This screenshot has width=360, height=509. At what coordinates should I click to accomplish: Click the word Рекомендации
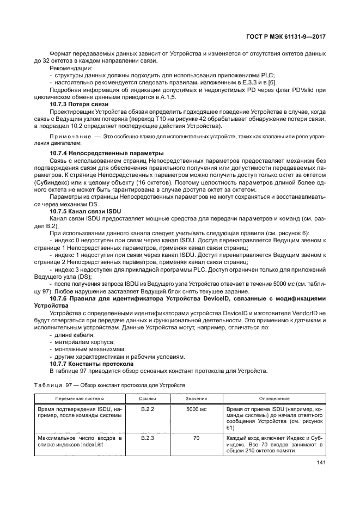coord(71,69)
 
